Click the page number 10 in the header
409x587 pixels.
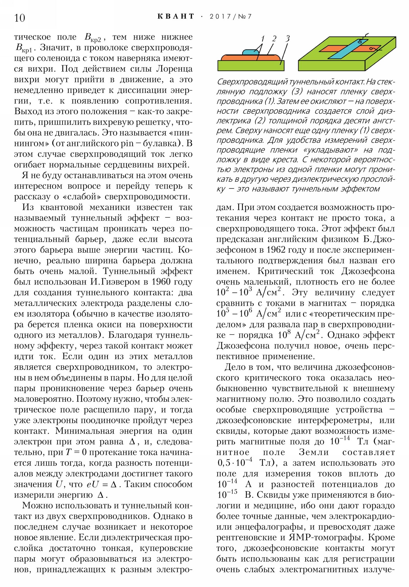pos(20,18)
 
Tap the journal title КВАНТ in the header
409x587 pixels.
pos(176,17)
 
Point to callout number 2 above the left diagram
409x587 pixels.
pos(274,39)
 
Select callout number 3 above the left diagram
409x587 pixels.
pos(288,39)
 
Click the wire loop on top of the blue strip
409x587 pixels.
pos(361,40)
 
